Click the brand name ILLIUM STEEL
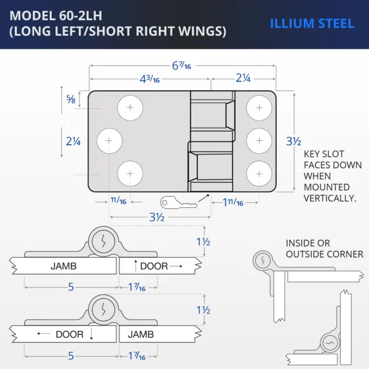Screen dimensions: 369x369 [312, 24]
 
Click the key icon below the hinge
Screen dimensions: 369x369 [177, 202]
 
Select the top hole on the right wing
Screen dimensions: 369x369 [259, 109]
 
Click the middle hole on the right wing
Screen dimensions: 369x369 [259, 141]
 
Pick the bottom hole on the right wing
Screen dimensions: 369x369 [259, 173]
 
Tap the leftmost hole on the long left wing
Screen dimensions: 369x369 [109, 141]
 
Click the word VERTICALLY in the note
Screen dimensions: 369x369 [330, 198]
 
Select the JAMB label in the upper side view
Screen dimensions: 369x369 [64, 266]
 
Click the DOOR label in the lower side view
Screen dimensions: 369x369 [69, 335]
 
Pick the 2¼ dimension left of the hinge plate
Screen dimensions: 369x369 [73, 141]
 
